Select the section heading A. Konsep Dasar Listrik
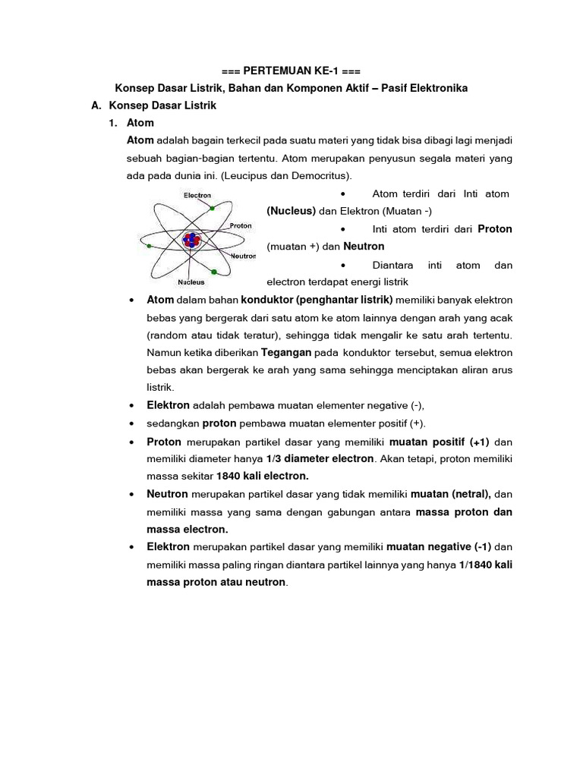(154, 105)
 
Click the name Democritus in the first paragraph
(321, 175)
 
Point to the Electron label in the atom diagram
(197, 195)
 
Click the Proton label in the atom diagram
(240, 225)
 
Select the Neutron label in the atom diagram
(243, 256)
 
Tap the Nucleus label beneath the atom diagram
(191, 282)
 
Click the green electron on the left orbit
(149, 246)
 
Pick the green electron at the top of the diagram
(213, 207)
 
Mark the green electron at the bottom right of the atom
(216, 271)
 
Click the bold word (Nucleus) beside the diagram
(291, 212)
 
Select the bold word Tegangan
(286, 353)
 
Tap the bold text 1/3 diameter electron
(320, 458)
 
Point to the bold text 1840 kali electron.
(262, 476)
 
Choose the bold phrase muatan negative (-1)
(438, 546)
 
